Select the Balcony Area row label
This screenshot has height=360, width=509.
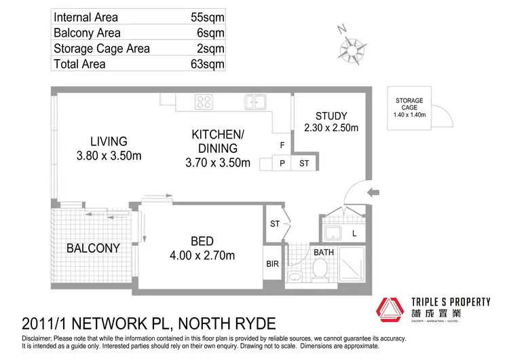(87, 33)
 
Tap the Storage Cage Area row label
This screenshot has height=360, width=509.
(101, 48)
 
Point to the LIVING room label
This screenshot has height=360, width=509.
(109, 142)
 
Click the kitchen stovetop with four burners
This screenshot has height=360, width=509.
(204, 103)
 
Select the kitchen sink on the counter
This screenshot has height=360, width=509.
(256, 103)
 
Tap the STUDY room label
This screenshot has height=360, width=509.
(331, 115)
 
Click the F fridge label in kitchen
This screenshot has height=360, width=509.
(282, 145)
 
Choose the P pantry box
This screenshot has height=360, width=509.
(282, 163)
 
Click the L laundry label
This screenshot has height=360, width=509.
(354, 233)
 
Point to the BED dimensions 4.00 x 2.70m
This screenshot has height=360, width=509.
(203, 255)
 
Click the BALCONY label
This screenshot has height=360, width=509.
(93, 249)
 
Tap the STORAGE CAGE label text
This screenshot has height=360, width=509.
(409, 104)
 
